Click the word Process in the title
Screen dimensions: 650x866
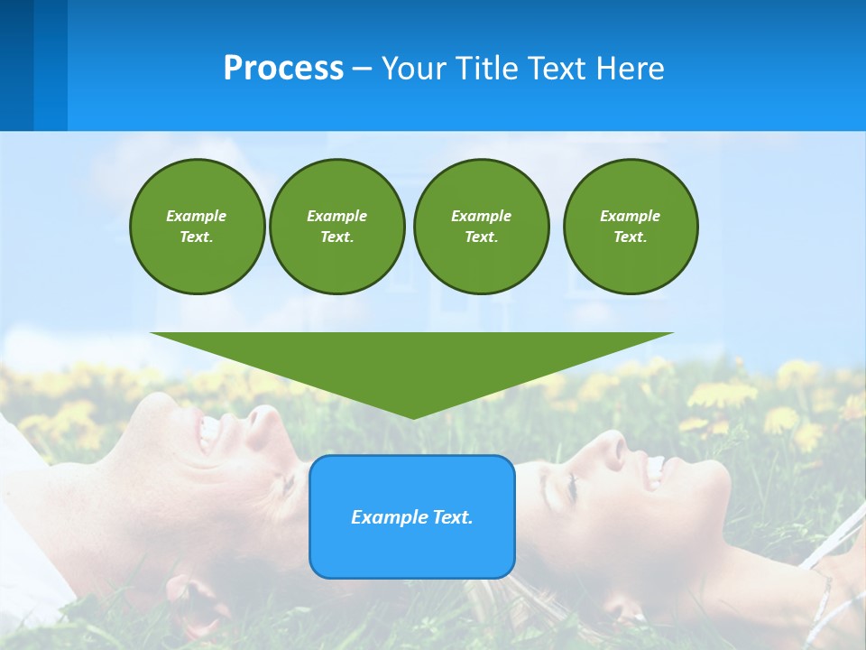click(x=283, y=69)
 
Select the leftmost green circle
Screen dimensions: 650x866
click(x=197, y=227)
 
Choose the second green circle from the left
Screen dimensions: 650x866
click(x=336, y=227)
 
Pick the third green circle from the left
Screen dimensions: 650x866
click(x=481, y=227)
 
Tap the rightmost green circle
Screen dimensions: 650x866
click(x=630, y=227)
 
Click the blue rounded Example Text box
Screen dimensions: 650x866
click(x=411, y=516)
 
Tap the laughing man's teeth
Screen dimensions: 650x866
click(x=209, y=432)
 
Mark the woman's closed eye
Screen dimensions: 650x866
click(x=571, y=488)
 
